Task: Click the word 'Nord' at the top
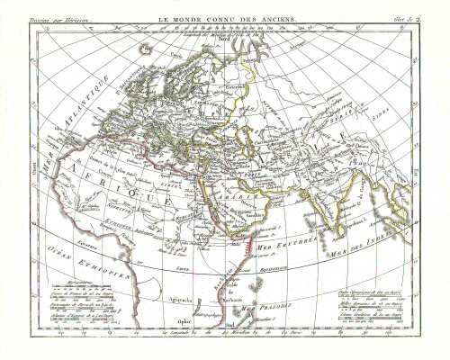225,40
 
